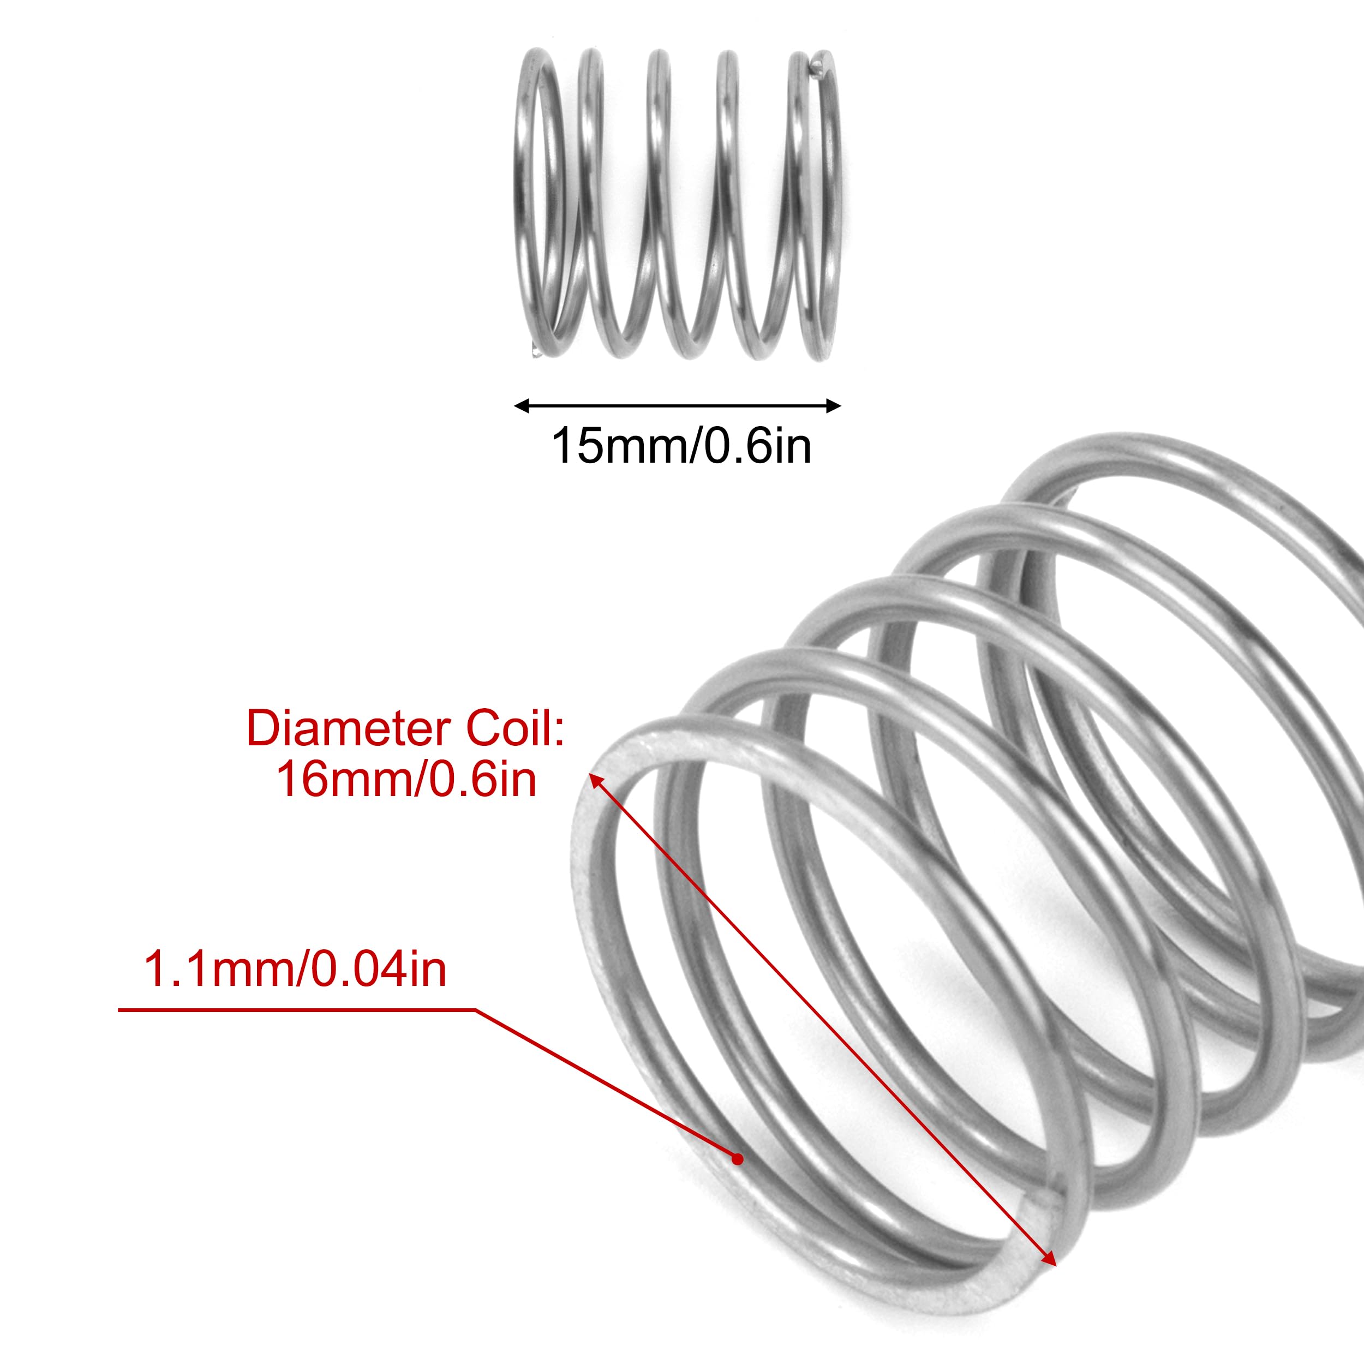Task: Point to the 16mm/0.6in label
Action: (406, 780)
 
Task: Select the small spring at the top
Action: (678, 205)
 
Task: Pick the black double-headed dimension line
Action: (678, 406)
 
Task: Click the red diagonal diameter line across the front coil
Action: (823, 1018)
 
